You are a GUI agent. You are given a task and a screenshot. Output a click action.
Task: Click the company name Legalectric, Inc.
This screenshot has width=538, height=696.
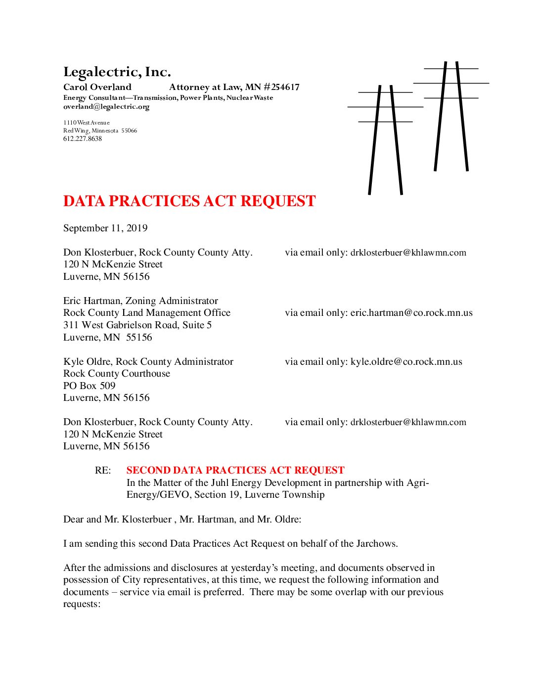point(117,72)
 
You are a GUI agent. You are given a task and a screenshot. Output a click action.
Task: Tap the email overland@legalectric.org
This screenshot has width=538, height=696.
point(106,107)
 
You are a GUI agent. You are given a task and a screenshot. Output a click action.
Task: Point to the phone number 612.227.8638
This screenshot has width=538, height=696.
point(83,139)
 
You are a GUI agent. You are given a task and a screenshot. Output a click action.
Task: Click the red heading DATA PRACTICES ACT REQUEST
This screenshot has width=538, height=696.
point(189,201)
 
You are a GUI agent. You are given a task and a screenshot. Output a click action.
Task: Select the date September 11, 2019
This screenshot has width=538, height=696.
point(105,228)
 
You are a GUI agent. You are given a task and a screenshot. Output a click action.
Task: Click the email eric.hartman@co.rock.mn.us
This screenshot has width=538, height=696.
point(411,313)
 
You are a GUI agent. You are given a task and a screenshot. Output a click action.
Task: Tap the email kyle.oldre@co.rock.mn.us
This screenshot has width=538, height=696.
point(406,362)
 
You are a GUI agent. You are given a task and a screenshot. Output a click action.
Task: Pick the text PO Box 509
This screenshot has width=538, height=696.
point(89,386)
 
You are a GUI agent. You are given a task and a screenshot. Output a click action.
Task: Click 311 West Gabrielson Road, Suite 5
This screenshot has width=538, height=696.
point(137,325)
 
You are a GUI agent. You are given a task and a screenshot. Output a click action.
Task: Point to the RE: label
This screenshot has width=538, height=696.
point(103,471)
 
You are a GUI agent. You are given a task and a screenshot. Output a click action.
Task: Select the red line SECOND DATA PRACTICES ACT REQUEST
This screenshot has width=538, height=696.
point(235,471)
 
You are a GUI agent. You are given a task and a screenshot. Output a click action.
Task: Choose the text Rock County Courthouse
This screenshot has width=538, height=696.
point(117,374)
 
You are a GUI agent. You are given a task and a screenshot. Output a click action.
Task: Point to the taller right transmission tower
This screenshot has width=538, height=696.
point(451,116)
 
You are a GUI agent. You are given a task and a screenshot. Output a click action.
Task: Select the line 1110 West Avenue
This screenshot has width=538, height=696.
point(87,123)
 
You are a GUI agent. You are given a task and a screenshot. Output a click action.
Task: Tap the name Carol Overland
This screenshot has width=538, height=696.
point(97,87)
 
